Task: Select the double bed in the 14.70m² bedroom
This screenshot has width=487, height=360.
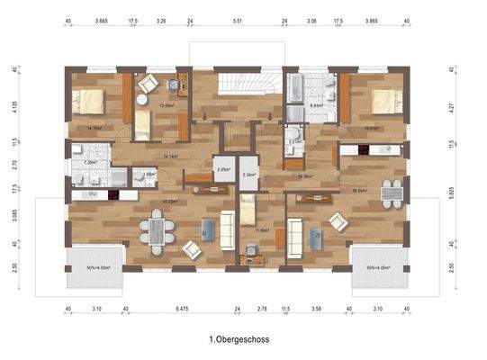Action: pyautogui.click(x=88, y=101)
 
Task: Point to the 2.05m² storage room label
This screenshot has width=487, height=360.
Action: pyautogui.click(x=222, y=169)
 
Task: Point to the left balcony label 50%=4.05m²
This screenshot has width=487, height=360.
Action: pyautogui.click(x=90, y=267)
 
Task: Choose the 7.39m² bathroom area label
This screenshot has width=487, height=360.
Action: pyautogui.click(x=89, y=163)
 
